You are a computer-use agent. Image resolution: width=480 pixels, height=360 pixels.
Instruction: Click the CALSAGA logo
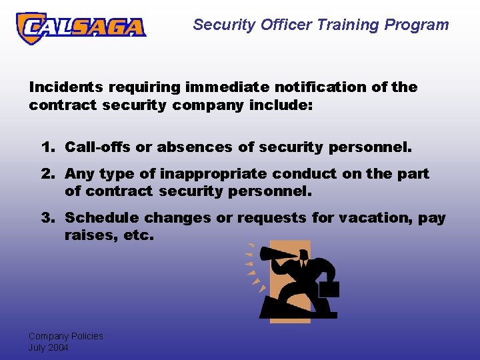tap(81, 27)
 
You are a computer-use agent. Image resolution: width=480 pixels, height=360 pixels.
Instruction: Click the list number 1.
tap(46, 147)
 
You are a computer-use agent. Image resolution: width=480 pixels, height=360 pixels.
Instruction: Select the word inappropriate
tap(209, 174)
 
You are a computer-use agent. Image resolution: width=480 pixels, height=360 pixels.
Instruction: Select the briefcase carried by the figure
tap(328, 289)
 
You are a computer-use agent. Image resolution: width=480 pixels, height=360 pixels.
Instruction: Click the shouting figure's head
tap(303, 255)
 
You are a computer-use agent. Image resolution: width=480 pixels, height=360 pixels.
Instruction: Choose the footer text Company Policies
tap(65, 336)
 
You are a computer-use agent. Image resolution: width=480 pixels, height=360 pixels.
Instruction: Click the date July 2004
tap(48, 347)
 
